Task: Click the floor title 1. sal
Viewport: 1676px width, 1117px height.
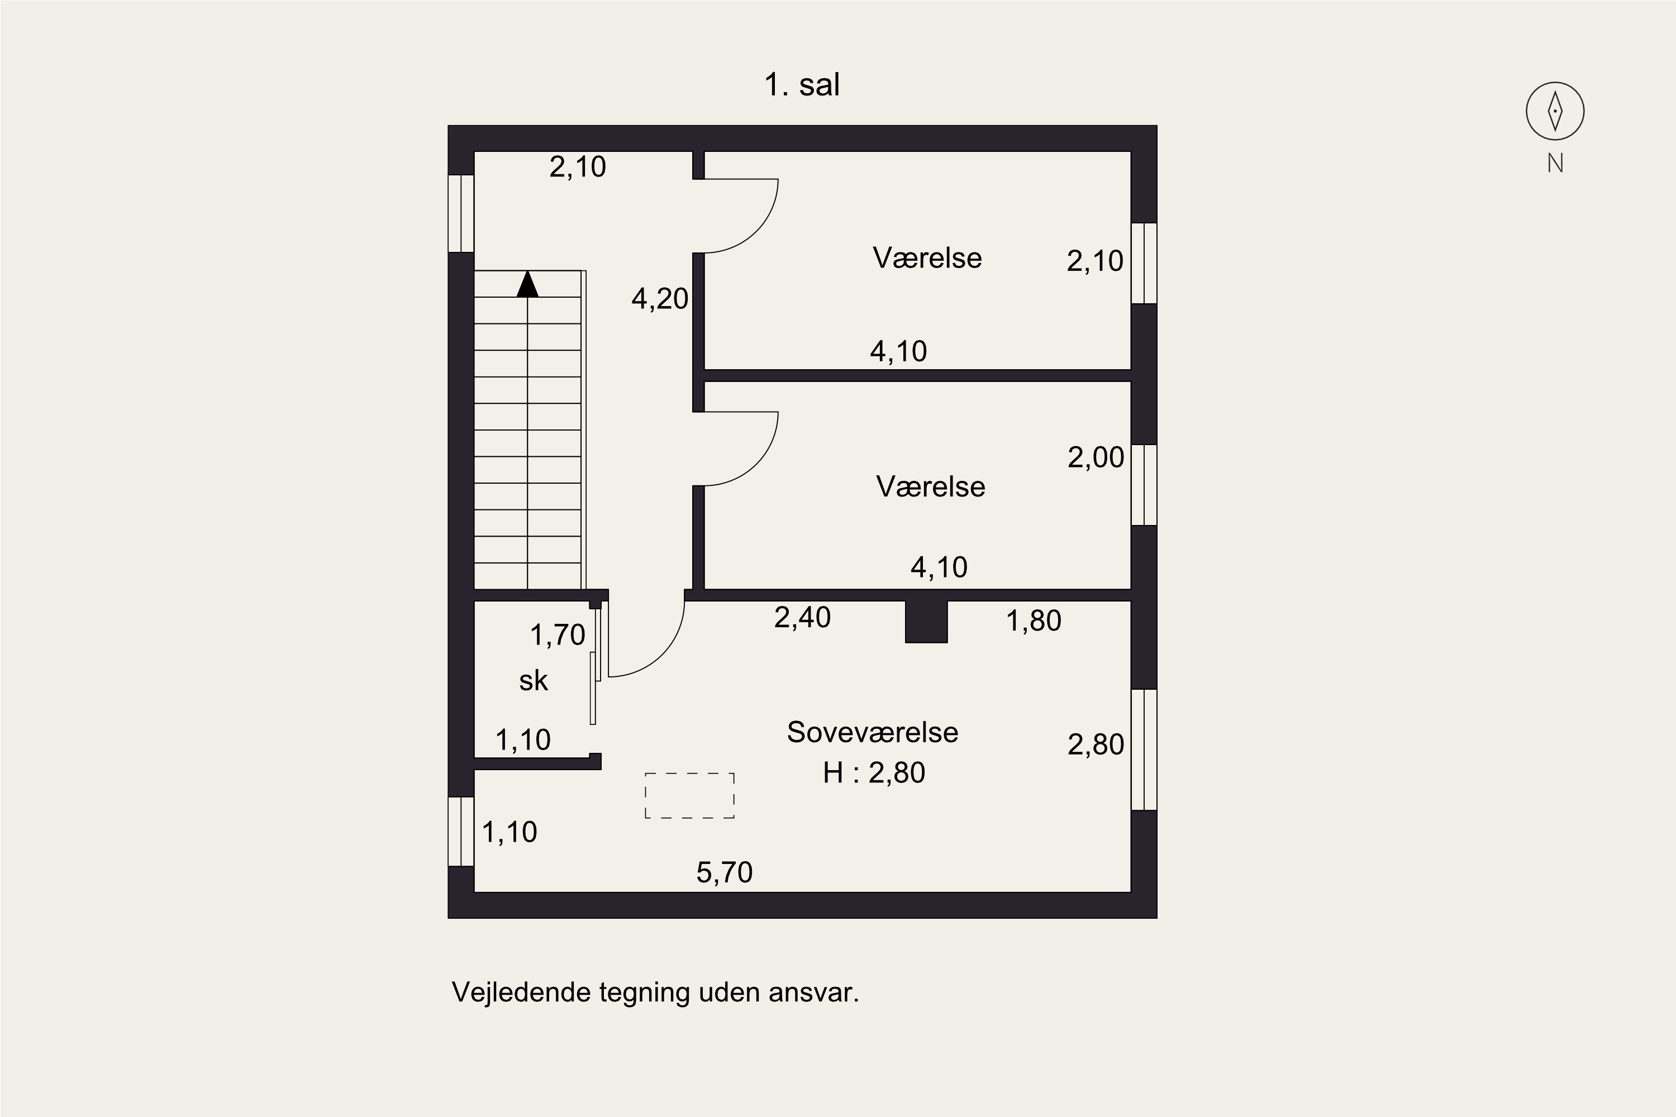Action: (x=802, y=85)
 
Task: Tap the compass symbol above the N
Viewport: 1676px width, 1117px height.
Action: (x=1555, y=111)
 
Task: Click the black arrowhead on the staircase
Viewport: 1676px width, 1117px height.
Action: (x=527, y=284)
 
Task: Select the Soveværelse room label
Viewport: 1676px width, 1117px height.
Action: (x=872, y=732)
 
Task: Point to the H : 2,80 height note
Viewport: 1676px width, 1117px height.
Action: (x=874, y=773)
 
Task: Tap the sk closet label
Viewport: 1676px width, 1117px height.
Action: (x=533, y=681)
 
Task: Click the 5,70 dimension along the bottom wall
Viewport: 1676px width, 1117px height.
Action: (x=724, y=872)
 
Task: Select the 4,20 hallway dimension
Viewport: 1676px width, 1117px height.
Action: (x=660, y=298)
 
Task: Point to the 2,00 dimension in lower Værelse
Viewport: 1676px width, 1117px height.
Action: (x=1095, y=457)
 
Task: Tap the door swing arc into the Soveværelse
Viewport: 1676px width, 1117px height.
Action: (x=661, y=653)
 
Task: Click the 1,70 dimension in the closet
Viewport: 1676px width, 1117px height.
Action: (x=557, y=634)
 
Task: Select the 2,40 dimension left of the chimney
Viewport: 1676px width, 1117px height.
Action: (x=802, y=618)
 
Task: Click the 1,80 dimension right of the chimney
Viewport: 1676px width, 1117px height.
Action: (x=1033, y=621)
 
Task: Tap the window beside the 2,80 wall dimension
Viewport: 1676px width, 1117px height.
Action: (x=1144, y=750)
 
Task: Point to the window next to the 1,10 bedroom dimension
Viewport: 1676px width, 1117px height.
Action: (x=461, y=832)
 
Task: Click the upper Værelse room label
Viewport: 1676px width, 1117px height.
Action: (x=926, y=258)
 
